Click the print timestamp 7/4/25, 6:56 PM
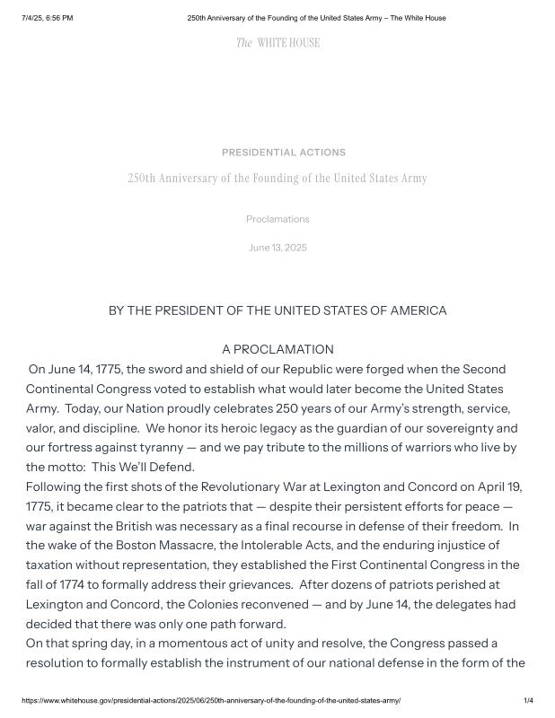48,18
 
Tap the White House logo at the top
277,43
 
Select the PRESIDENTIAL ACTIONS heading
284,153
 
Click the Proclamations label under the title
277,219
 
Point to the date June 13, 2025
277,248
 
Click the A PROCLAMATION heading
277,349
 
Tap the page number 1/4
528,700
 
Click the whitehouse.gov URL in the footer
211,700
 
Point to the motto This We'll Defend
144,468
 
